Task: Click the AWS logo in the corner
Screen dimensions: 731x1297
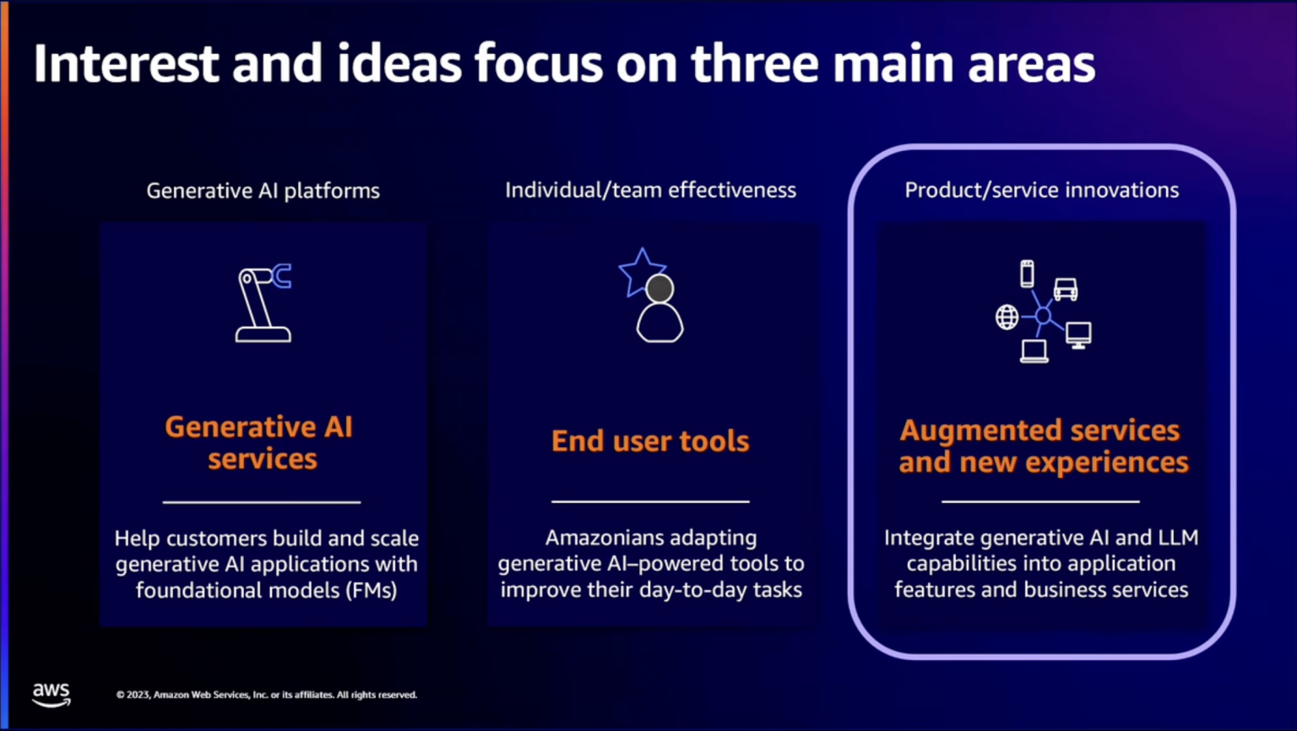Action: tap(52, 694)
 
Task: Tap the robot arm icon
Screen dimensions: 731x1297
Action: tap(263, 303)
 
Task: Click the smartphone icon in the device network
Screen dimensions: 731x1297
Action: tap(1027, 274)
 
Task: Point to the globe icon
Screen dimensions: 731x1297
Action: tap(1007, 317)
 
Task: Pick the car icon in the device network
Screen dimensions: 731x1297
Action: tap(1066, 290)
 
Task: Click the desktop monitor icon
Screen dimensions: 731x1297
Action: tap(1078, 335)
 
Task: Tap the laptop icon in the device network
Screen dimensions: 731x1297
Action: tap(1034, 350)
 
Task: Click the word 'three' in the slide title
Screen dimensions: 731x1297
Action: tap(755, 64)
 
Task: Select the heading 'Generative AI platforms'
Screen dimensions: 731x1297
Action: tap(263, 191)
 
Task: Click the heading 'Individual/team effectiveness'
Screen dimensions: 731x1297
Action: tap(650, 190)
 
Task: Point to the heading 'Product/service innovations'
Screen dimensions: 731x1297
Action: tap(1041, 190)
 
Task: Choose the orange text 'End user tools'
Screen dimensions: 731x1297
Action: tap(650, 441)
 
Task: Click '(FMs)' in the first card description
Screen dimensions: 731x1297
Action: tap(372, 590)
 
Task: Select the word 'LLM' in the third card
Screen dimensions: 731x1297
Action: tap(1177, 538)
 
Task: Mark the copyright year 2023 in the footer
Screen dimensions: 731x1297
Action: tap(138, 695)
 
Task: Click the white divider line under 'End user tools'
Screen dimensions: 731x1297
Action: tap(650, 501)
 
